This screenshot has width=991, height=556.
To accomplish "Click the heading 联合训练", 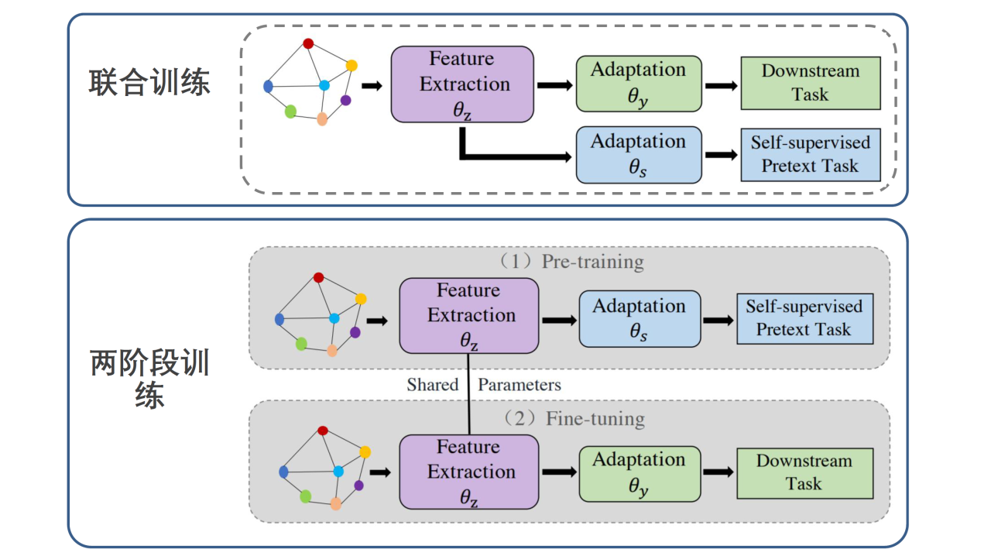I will [149, 83].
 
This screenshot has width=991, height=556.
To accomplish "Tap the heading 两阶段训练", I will [149, 379].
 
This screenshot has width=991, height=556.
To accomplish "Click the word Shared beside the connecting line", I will [433, 384].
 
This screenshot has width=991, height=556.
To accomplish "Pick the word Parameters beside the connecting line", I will [520, 384].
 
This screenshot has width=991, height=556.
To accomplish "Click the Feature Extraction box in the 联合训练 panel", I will [462, 84].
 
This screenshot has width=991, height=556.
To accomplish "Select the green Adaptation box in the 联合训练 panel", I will [639, 84].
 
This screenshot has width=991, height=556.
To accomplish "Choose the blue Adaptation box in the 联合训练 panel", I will [639, 155].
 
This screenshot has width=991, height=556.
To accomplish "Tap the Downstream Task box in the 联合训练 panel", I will [811, 83].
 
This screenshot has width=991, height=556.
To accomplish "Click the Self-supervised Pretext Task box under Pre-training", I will [804, 318].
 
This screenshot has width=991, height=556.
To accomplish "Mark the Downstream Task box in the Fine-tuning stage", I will [804, 472].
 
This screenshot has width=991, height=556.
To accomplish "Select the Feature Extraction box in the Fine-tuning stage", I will [469, 472].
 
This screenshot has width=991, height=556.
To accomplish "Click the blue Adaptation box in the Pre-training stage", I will [640, 318].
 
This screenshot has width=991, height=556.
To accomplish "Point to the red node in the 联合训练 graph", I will [308, 43].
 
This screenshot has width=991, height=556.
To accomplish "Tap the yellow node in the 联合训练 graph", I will [351, 65].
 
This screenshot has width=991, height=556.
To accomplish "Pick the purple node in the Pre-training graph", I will [355, 332].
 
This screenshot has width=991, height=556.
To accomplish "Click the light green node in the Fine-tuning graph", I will [306, 496].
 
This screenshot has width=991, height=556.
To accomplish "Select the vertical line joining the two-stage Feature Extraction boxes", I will [469, 395].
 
